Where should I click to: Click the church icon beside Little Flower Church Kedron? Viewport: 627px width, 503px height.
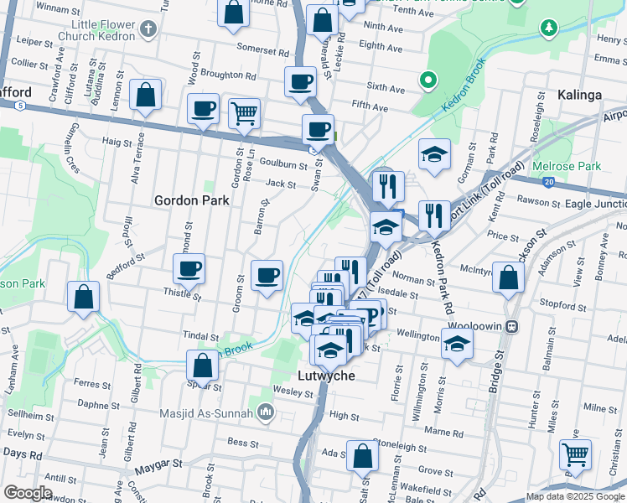coord(149,30)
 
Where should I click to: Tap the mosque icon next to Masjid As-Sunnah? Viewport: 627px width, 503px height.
coord(266,412)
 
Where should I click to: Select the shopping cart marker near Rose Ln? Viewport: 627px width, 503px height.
coord(244,112)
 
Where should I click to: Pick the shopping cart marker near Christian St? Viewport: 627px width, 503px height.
coord(575,454)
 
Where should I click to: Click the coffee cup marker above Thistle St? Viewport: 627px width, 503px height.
coord(189,269)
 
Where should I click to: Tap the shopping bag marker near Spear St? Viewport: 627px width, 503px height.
coord(202,366)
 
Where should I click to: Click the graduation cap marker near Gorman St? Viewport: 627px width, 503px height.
coord(433,154)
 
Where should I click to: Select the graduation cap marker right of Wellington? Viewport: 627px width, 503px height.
coord(457,344)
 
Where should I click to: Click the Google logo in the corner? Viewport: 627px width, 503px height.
coord(28,492)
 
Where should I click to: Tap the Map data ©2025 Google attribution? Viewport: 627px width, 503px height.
coord(574,496)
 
